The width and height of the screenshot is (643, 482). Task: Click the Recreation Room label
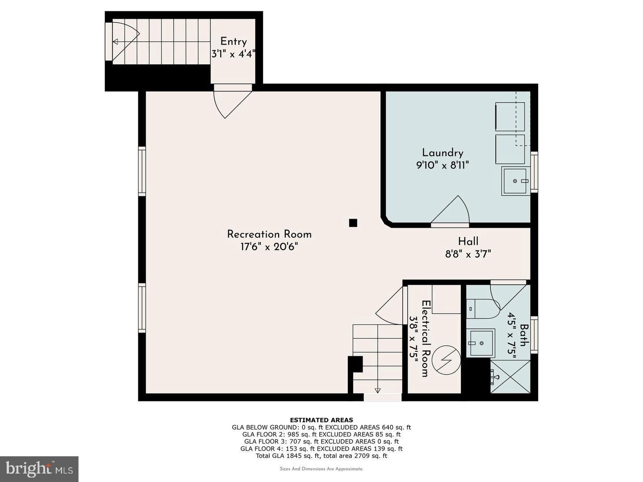tap(269, 234)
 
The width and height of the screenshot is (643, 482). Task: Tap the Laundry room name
tap(443, 153)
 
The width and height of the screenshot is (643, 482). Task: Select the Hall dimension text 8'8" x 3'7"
tap(468, 254)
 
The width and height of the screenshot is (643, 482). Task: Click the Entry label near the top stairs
tap(233, 42)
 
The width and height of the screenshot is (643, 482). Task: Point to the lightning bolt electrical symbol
tap(447, 360)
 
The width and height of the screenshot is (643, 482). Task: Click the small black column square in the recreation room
tap(353, 223)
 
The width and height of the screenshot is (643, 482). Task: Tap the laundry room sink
tap(516, 181)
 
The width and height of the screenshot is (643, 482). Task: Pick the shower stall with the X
tap(510, 377)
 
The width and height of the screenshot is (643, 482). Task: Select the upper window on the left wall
tap(142, 171)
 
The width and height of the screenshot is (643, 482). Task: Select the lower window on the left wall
tap(142, 308)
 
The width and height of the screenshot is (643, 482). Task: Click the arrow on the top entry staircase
tap(115, 42)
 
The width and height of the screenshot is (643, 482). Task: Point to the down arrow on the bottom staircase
tap(377, 390)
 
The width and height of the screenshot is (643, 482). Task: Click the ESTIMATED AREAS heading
tap(321, 420)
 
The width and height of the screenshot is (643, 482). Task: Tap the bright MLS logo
tap(39, 469)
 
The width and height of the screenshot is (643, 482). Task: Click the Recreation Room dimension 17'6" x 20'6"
tap(269, 247)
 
